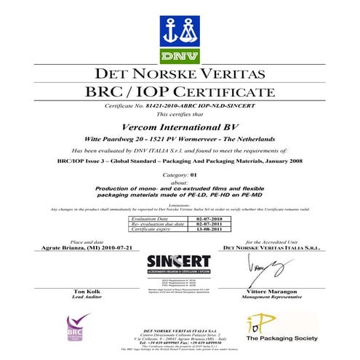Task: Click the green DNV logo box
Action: (x=179, y=55)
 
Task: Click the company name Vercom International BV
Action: (x=180, y=127)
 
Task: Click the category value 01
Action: (x=193, y=175)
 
